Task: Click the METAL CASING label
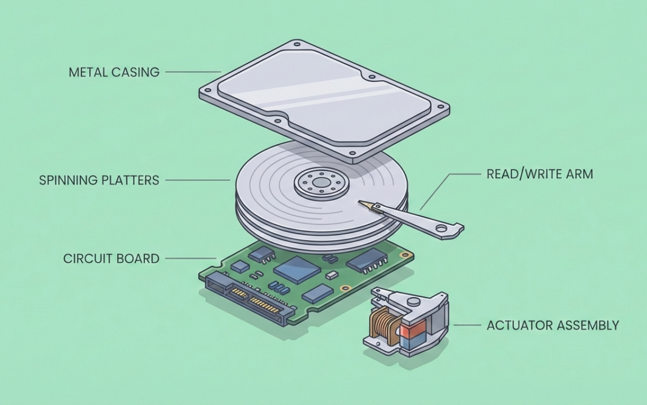114,73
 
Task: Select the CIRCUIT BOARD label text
111,259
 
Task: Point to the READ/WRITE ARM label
539,175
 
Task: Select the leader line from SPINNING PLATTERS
197,179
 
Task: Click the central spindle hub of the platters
322,181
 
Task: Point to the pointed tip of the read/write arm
361,204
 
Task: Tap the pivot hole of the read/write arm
442,228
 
